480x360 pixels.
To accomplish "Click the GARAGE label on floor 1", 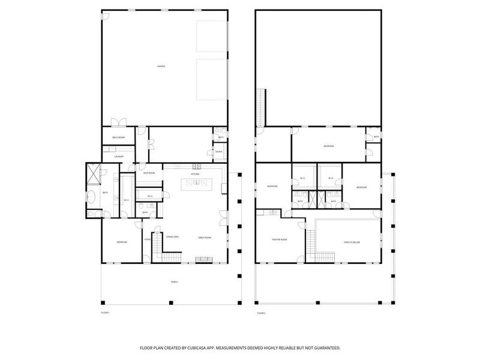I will [x=161, y=66].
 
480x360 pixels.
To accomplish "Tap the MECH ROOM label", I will [x=118, y=138].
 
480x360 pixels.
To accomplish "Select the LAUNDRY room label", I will [x=118, y=157].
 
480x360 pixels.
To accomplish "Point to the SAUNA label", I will [x=219, y=152].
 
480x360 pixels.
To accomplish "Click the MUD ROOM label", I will [x=148, y=173].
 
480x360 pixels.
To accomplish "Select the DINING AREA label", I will [x=172, y=237].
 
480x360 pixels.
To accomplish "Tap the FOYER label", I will [x=147, y=239].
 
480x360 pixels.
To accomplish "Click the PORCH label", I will [x=173, y=282].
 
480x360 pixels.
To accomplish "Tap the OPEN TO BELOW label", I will [x=351, y=242].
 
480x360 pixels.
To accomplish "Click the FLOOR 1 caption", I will [x=106, y=313].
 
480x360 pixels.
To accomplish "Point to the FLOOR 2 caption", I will [x=261, y=313].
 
